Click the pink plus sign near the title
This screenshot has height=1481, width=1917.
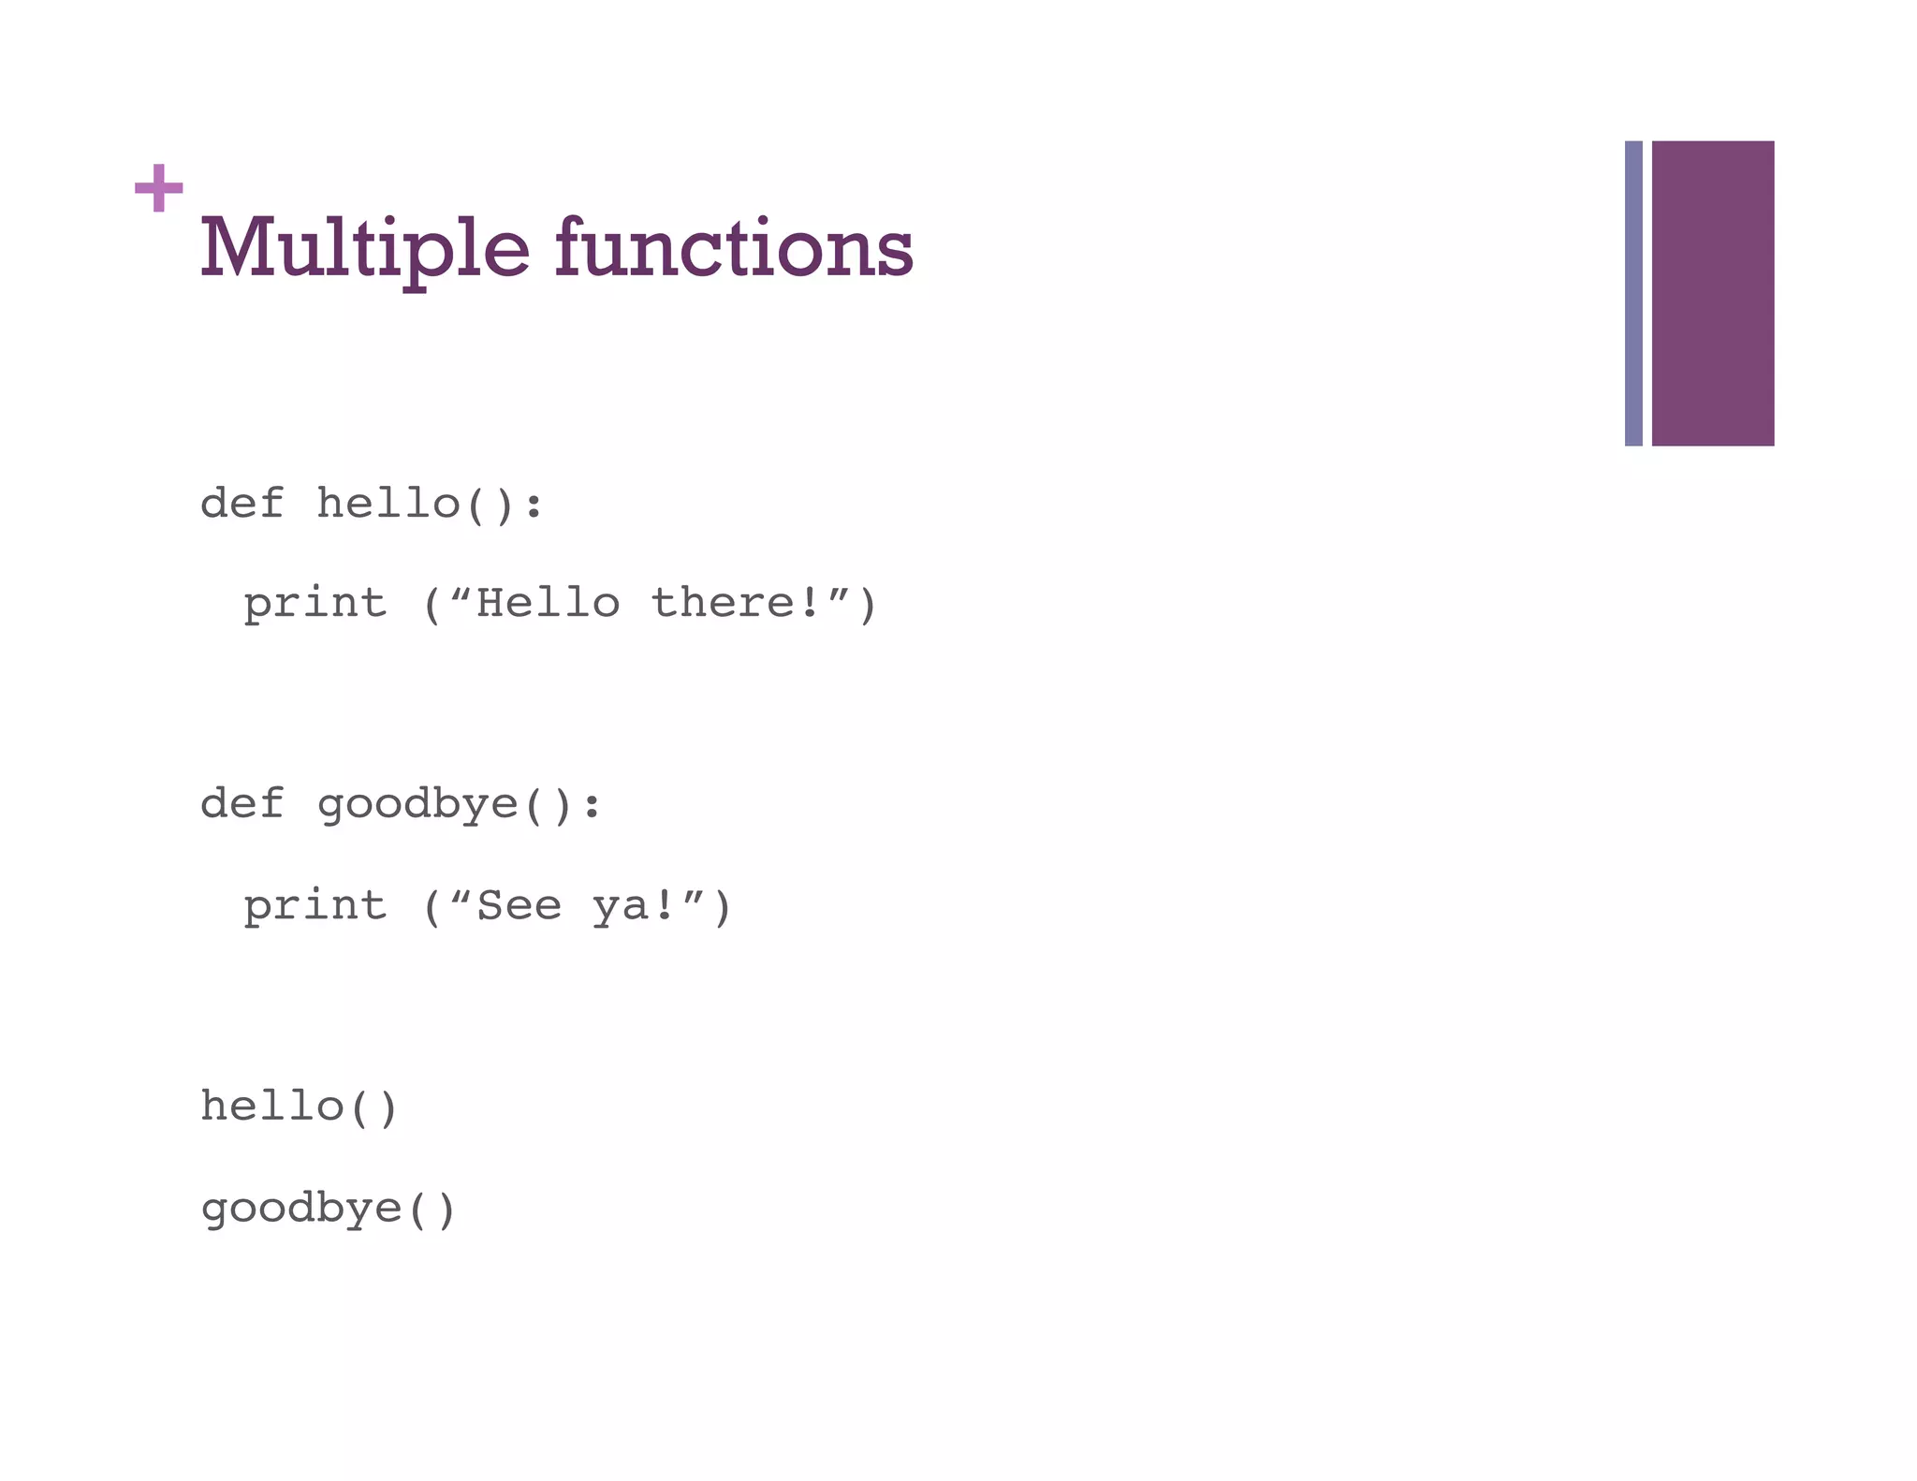pyautogui.click(x=158, y=188)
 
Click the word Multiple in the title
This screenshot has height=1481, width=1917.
pyautogui.click(x=364, y=249)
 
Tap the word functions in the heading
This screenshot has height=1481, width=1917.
pyautogui.click(x=734, y=247)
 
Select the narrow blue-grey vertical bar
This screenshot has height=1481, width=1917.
pyautogui.click(x=1632, y=293)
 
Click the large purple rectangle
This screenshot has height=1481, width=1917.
pyautogui.click(x=1712, y=293)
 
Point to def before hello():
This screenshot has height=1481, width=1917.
pyautogui.click(x=241, y=504)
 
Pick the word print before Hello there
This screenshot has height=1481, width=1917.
pyautogui.click(x=315, y=604)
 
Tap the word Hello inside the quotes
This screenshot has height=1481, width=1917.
pyautogui.click(x=548, y=603)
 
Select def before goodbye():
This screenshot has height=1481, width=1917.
pyautogui.click(x=241, y=804)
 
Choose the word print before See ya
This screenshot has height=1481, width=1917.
pyautogui.click(x=315, y=906)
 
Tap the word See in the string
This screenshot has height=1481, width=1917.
pyautogui.click(x=519, y=906)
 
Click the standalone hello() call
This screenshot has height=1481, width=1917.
pyautogui.click(x=300, y=1107)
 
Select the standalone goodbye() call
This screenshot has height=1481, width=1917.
pyautogui.click(x=328, y=1209)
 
